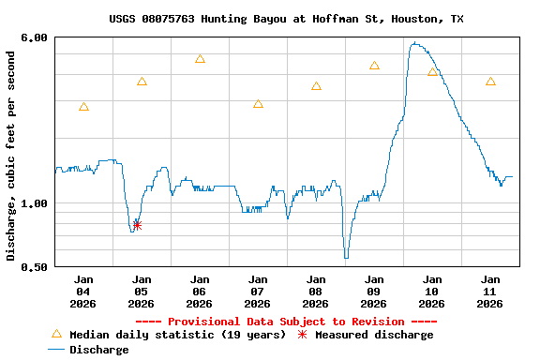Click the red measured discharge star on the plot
[x=137, y=225]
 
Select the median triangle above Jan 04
[x=84, y=107]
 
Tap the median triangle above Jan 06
[x=200, y=59]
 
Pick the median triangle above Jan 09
[x=374, y=66]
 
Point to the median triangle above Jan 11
[x=490, y=82]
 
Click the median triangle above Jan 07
[x=258, y=104]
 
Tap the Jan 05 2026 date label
[x=142, y=291]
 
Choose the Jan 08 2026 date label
[x=316, y=291]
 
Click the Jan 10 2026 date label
[x=432, y=291]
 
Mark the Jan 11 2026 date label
[x=490, y=291]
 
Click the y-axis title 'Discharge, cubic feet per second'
[x=11, y=156]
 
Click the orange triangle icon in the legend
[x=56, y=334]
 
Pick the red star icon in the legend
[x=302, y=335]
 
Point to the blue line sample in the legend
[x=56, y=350]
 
